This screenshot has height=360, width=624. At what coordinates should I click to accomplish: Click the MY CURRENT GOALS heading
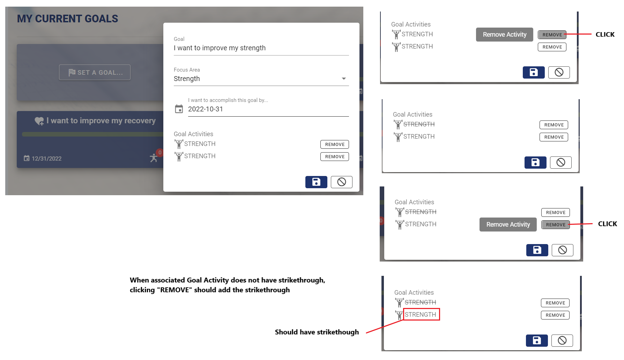point(67,19)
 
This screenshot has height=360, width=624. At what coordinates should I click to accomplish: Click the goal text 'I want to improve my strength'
point(220,48)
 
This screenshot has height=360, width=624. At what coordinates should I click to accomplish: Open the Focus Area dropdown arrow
point(344,79)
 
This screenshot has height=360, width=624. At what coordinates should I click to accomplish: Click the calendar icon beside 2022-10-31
point(179,109)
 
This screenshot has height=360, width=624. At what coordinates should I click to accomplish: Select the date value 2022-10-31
point(205,109)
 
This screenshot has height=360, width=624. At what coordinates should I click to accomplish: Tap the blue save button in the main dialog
point(316,182)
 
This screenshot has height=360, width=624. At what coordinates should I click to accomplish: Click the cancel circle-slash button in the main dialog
point(341,182)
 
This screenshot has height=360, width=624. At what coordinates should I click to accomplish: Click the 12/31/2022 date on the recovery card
point(46,159)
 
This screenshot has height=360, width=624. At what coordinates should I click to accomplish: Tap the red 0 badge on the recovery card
point(160,153)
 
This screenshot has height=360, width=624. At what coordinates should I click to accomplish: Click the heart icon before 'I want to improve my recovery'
point(39,121)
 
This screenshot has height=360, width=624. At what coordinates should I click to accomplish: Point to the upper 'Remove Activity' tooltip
point(504,35)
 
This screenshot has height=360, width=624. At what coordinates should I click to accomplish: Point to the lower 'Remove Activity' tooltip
point(508,225)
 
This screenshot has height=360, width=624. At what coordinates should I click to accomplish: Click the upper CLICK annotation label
point(605,35)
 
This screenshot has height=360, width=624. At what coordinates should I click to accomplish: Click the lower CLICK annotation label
point(607,224)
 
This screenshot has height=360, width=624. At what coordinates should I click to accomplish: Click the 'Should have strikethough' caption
point(317,332)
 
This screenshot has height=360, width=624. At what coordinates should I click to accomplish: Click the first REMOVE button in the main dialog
point(334,144)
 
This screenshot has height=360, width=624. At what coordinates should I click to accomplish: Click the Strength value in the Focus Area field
point(187,79)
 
